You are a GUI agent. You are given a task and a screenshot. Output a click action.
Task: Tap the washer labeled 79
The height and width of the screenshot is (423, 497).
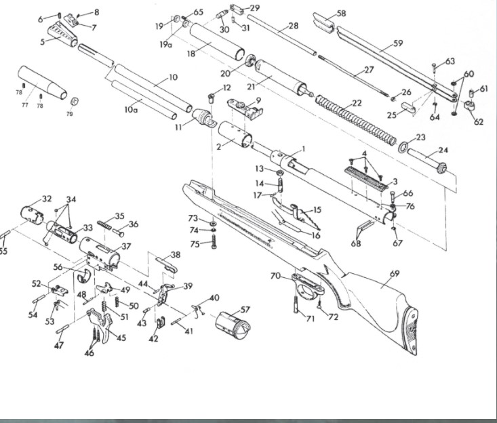click(74, 101)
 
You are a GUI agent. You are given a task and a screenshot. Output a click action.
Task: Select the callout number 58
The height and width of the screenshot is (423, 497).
click(341, 13)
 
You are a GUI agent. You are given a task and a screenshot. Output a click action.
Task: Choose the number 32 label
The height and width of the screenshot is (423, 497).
click(47, 199)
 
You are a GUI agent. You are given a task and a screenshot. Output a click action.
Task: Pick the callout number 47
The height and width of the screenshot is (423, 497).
click(59, 346)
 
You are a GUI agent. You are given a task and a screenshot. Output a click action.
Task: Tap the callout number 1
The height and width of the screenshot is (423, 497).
click(303, 148)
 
